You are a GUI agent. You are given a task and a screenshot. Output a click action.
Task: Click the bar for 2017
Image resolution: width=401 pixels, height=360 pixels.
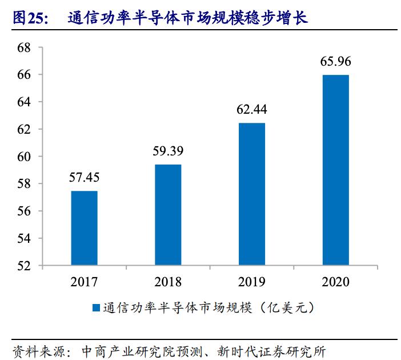84,228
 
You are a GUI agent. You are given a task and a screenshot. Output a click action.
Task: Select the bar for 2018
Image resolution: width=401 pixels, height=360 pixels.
168,215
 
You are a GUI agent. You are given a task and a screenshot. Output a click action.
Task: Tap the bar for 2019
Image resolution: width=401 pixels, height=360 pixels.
251,194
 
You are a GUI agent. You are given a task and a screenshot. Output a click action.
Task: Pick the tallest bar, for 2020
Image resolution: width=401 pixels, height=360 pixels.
335,170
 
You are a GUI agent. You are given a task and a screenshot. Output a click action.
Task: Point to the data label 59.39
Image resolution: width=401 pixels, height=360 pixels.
168,152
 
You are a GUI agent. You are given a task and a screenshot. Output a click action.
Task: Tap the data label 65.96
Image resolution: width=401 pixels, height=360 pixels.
335,62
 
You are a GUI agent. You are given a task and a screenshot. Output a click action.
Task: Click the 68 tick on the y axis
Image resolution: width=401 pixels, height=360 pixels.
24,48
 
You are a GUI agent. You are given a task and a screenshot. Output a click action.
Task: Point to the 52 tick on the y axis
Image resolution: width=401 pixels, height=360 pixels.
24,266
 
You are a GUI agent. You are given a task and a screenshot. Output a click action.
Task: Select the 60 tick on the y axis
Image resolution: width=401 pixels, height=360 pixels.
24,157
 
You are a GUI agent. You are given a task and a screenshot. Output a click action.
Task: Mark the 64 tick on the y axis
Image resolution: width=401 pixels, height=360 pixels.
24,102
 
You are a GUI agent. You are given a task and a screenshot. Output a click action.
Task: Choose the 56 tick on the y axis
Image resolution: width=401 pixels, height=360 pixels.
24,211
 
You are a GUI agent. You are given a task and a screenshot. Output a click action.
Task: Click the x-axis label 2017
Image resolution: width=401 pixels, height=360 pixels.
84,282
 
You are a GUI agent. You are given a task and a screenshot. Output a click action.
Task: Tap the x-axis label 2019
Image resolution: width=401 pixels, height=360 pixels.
251,282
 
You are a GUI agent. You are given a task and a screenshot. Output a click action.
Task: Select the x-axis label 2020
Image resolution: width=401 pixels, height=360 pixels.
335,282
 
